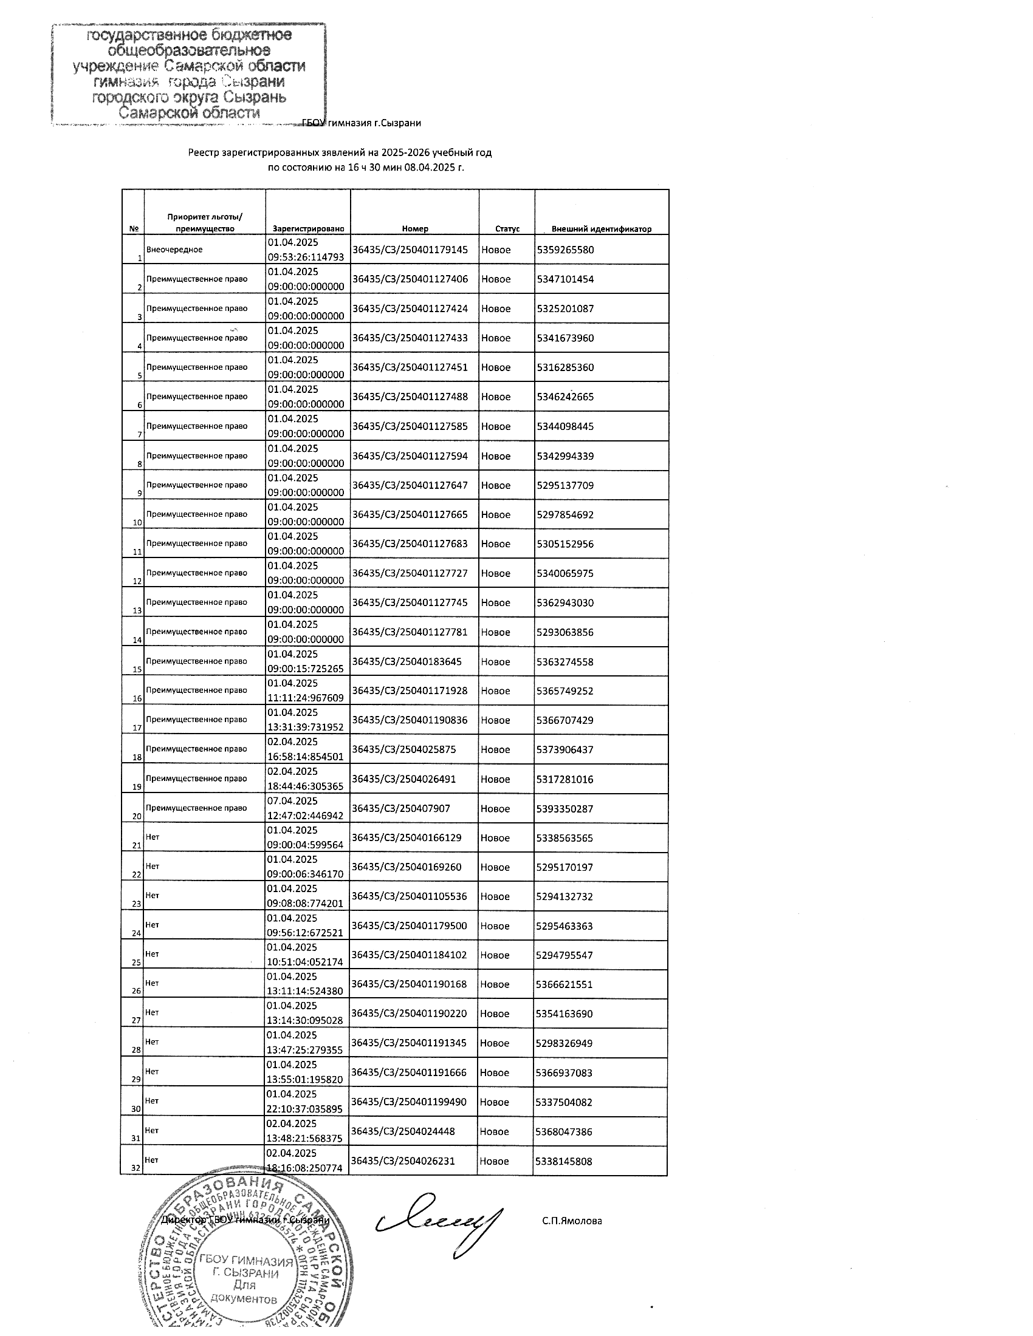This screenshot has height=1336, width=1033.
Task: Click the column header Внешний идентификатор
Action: click(x=601, y=229)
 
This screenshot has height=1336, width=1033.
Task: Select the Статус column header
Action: click(x=507, y=229)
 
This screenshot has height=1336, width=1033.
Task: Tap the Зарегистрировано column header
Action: click(x=309, y=229)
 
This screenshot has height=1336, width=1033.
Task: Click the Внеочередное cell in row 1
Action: click(x=174, y=250)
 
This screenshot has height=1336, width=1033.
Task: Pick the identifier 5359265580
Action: click(x=565, y=250)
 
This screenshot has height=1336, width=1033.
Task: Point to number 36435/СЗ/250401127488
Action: click(x=410, y=397)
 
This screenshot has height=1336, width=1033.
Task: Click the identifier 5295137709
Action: click(x=565, y=485)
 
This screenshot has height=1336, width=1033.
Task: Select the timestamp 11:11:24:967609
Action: click(x=306, y=698)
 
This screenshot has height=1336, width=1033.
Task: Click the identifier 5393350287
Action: click(x=565, y=809)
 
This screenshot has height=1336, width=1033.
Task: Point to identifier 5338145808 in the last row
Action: click(x=564, y=1161)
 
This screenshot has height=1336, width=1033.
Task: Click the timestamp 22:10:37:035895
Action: click(x=306, y=1109)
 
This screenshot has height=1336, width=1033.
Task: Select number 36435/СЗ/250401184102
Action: click(x=410, y=955)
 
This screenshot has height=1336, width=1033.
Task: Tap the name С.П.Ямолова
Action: click(x=572, y=1221)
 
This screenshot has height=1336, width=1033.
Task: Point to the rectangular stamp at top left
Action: click(x=188, y=73)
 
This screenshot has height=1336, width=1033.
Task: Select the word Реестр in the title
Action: click(x=202, y=152)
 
